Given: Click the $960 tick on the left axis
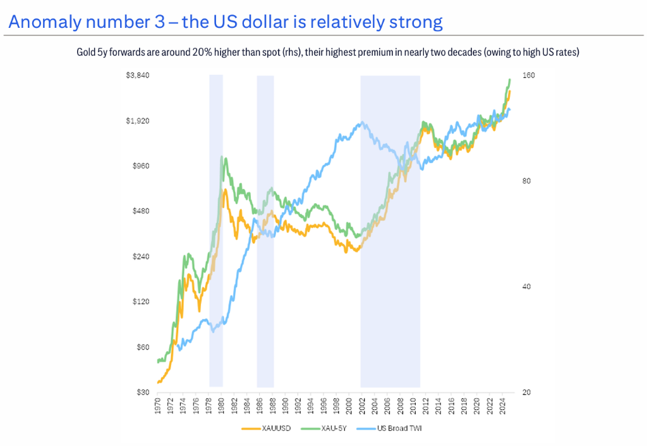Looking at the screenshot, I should click(x=140, y=166).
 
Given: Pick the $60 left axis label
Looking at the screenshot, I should click(x=142, y=347).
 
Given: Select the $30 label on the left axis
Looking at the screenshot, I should click(x=142, y=392).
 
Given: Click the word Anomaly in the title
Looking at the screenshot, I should click(x=46, y=23).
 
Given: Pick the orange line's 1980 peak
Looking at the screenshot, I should click(x=225, y=189).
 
